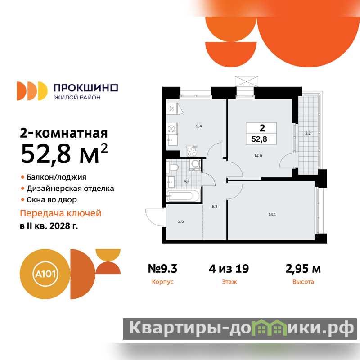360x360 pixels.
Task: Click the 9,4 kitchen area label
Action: (199, 126)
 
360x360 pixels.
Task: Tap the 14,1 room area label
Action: (272, 215)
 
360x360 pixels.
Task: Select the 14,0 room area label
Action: (258, 156)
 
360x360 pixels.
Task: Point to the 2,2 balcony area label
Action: (308, 133)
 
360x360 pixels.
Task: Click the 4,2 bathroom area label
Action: (186, 181)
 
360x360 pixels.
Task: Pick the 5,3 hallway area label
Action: (215, 207)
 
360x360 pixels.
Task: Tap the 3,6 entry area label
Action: (181, 221)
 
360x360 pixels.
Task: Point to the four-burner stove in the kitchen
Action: (192, 151)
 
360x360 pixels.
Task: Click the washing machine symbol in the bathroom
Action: (195, 165)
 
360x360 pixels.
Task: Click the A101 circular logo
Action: (45, 274)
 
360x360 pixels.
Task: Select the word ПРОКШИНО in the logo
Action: (86, 88)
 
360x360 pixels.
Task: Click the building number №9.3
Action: (162, 268)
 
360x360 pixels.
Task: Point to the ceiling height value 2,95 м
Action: (303, 269)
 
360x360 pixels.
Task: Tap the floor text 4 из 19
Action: (229, 268)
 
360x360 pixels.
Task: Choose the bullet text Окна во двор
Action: (52, 200)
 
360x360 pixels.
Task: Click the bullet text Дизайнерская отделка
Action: (71, 189)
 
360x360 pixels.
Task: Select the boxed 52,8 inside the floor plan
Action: (259, 139)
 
